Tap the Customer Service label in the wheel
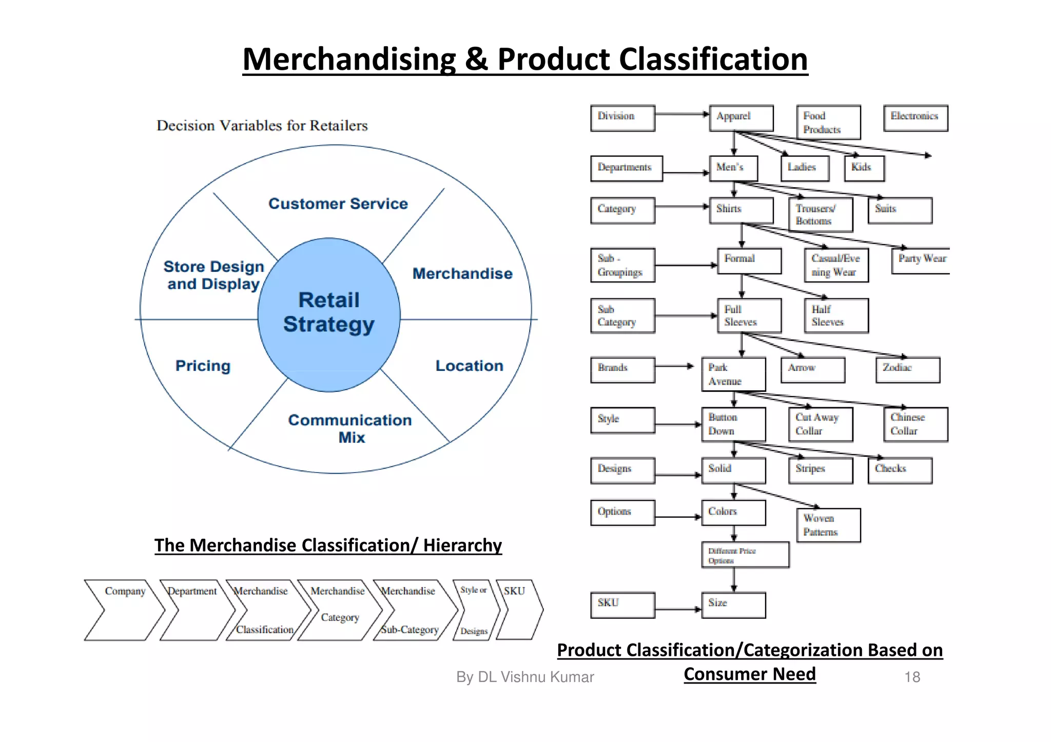338,204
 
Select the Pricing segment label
203,366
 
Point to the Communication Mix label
350,428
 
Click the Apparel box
741,118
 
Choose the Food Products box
828,122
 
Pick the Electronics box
915,118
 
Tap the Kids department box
864,168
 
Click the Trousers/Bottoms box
820,214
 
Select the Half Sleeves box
836,315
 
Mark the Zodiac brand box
907,370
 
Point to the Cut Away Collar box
820,424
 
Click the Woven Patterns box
828,525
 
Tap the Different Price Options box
745,555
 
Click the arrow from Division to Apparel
682,114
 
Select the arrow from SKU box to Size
678,609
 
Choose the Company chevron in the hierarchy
124,610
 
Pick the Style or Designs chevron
475,610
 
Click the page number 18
912,677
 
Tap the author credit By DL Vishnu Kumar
524,677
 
